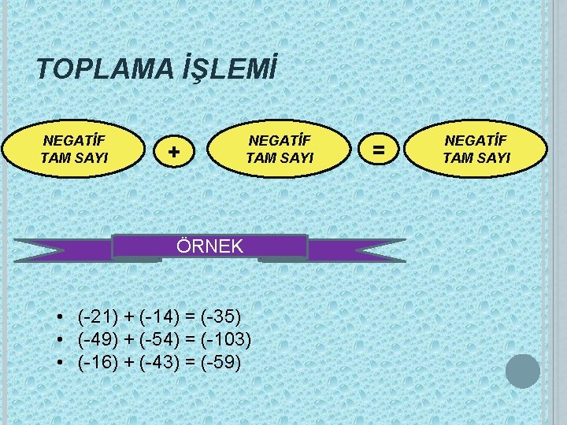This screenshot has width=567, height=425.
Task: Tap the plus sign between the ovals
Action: coord(174,149)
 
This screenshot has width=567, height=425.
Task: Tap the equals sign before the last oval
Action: coord(379,147)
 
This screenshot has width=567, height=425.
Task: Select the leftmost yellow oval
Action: coord(76,148)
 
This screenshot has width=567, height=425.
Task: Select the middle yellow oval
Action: coord(280,149)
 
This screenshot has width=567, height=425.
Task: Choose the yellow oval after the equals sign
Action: coord(476,148)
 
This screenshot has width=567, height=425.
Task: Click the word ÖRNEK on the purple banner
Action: coord(210,247)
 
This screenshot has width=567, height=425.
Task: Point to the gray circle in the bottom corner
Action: coord(523,371)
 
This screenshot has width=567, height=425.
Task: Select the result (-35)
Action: coord(218,316)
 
